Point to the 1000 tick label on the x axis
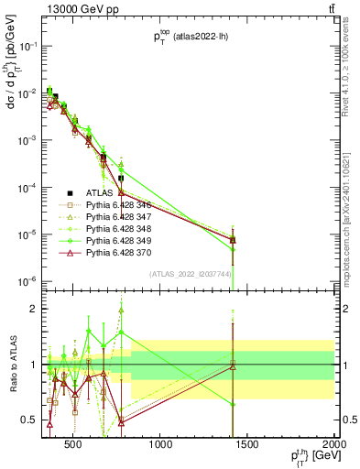coord(161,446)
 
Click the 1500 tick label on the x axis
coord(248,446)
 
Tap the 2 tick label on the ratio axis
coord(35,309)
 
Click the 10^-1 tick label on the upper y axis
coord(27,46)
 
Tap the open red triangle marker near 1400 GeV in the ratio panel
coord(233,365)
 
